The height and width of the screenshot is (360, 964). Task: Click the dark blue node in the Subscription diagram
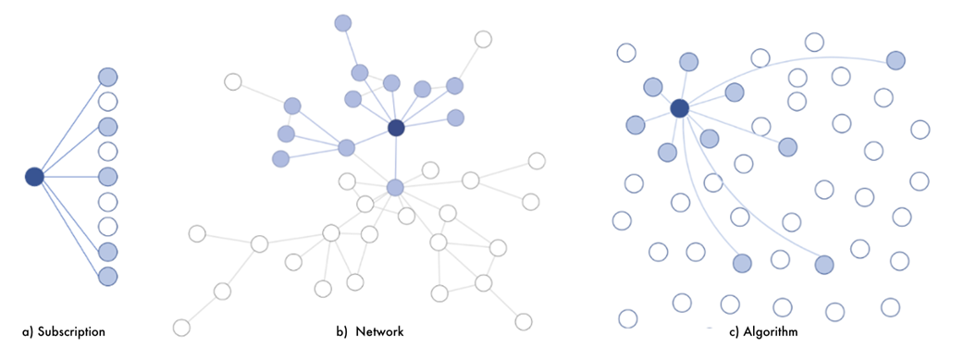tap(34, 177)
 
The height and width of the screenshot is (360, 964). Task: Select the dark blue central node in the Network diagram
tap(397, 128)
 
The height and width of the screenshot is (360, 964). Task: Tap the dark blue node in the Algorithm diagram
tap(679, 108)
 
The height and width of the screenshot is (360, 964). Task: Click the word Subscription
tap(71, 332)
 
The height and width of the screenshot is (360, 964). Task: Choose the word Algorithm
tap(771, 332)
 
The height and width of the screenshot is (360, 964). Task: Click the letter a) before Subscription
tap(28, 332)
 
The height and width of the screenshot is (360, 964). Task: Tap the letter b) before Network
tap(341, 332)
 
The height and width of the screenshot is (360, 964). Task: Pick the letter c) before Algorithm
tap(734, 332)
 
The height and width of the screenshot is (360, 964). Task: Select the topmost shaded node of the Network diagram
tap(343, 23)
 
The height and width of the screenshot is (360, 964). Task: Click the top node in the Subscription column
tap(107, 77)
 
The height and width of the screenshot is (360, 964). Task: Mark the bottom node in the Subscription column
tap(107, 277)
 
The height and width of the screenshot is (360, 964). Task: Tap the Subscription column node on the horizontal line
tap(107, 177)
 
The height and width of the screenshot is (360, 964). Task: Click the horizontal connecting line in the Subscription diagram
tap(70, 177)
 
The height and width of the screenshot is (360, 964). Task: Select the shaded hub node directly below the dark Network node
tap(395, 187)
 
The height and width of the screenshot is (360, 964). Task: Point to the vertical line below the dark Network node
tap(396, 157)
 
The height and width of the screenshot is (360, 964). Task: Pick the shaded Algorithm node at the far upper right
tap(896, 60)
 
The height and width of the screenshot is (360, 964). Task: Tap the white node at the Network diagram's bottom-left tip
tap(181, 328)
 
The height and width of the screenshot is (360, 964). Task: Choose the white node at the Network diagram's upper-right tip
tap(484, 40)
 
